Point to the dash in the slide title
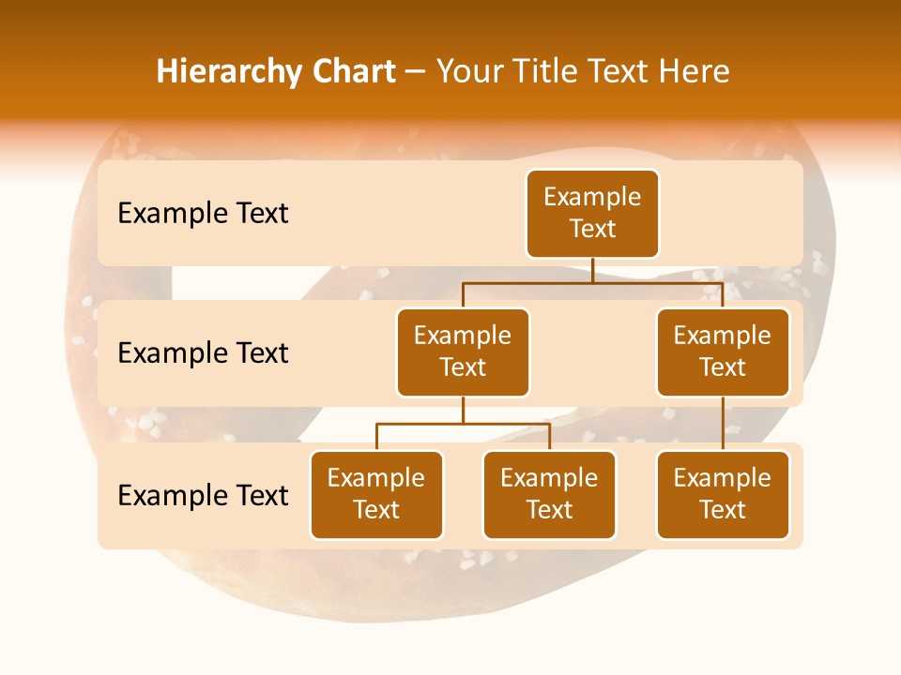coord(416,73)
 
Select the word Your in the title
coord(469,72)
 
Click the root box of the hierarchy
coord(592,213)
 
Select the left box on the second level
coord(463,352)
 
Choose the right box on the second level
coord(723,352)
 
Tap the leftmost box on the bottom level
coord(376,494)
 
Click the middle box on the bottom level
coord(549,494)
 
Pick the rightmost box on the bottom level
coord(723,494)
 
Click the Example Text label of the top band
coord(203,214)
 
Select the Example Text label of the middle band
coord(203,353)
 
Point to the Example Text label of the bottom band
coord(203,496)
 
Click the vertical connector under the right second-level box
coord(723,424)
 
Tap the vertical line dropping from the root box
coord(592,270)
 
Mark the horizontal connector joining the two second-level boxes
coord(592,281)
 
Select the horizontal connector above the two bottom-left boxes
coord(463,424)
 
